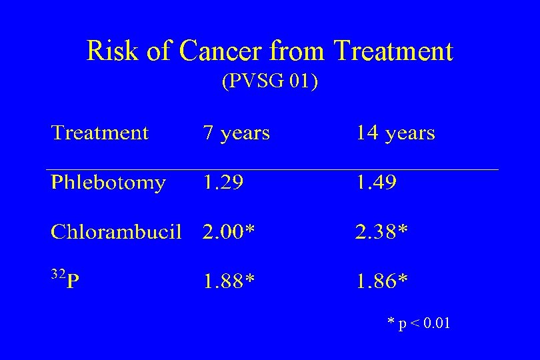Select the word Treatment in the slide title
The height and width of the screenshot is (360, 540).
click(393, 51)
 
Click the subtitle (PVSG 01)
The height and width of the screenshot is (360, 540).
click(269, 82)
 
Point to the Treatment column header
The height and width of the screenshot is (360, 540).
click(100, 133)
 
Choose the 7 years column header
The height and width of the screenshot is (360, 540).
click(236, 133)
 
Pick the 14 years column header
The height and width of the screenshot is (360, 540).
click(395, 133)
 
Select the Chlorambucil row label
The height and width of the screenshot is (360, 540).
click(116, 231)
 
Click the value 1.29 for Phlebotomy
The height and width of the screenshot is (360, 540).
click(223, 183)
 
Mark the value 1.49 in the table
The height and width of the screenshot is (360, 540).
click(376, 183)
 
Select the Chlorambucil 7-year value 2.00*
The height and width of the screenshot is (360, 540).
click(229, 231)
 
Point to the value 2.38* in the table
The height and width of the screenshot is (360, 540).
click(382, 231)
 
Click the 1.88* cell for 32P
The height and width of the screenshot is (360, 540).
click(229, 281)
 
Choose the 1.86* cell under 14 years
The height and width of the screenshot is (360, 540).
click(382, 281)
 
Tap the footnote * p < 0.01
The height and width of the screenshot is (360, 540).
click(419, 324)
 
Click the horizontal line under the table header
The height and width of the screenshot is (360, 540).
click(272, 170)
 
